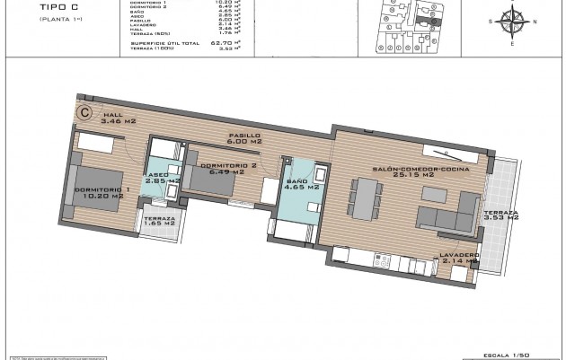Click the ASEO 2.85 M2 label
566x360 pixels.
click(163, 178)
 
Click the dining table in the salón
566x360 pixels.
click(366, 198)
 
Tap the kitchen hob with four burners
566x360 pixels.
click(381, 263)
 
